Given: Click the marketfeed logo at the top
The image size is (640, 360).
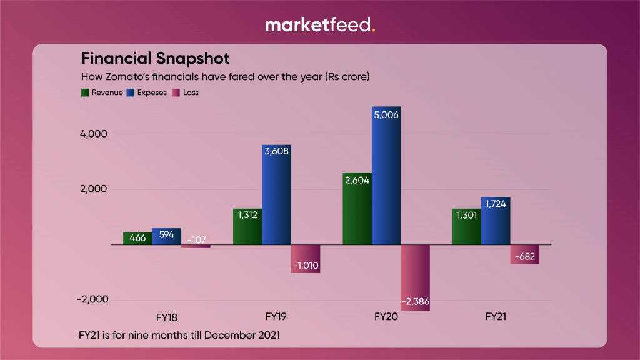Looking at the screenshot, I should pos(320,25).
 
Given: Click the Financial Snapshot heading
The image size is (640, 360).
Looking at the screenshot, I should pos(156,59).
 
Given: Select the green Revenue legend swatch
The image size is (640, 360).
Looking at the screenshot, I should pos(86,92).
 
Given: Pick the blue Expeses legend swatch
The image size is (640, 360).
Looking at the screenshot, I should pos(131,92).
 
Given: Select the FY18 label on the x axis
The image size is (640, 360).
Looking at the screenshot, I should pos(166,317).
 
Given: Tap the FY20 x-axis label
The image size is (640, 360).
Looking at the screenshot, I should pos(386,317).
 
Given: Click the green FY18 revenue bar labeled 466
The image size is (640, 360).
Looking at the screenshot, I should pos(137,238).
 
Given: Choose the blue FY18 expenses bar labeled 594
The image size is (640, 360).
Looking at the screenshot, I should pos(166,236).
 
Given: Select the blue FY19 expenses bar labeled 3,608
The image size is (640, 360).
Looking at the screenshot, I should pos(276,194).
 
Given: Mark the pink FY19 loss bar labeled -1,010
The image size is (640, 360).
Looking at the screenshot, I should pos(306,259).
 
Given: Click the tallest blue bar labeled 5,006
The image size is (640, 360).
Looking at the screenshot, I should pos(386,176).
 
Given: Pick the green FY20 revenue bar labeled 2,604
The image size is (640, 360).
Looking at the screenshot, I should pos(357,208).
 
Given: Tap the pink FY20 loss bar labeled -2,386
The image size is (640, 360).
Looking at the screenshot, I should pos(416,277).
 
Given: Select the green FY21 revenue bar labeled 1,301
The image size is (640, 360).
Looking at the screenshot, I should pos(467,226).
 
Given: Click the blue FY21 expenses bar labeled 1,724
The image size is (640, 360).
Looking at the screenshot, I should pos(496,221).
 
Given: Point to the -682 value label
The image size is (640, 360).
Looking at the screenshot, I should pos(524,257).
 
